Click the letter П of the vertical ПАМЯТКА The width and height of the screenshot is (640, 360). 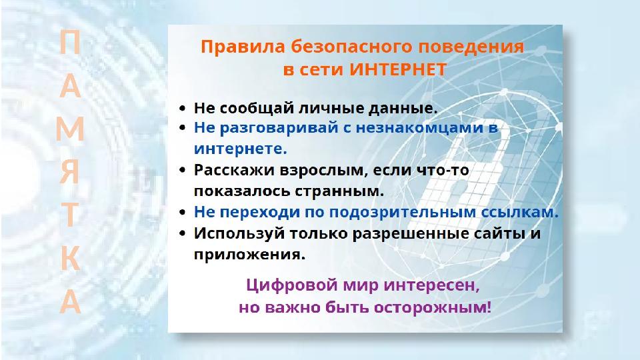coord(70,45)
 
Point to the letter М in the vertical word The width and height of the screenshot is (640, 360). coord(70,130)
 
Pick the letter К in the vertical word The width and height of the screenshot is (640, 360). coord(70,261)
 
